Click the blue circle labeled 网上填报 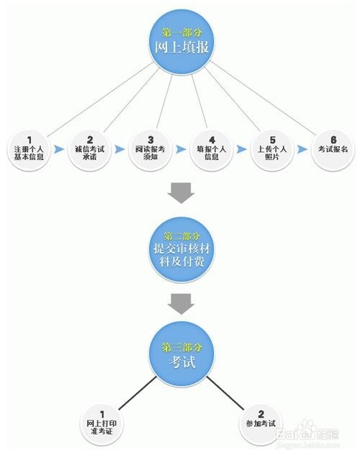181,42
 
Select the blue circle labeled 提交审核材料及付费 181,249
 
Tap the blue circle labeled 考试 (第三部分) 181,353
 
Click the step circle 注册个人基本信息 29,150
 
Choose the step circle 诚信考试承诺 89,150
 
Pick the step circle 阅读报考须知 150,150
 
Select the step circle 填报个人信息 212,150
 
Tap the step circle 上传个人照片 272,150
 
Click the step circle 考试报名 333,150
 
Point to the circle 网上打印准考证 102,424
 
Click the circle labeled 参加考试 261,424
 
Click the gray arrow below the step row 181,193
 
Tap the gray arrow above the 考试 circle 181,304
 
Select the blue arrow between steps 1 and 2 59,149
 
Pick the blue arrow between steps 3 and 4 181,149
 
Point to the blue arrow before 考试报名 302,149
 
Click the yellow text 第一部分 181,32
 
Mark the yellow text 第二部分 181,235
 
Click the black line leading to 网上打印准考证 138,392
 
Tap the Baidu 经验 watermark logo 308,431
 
